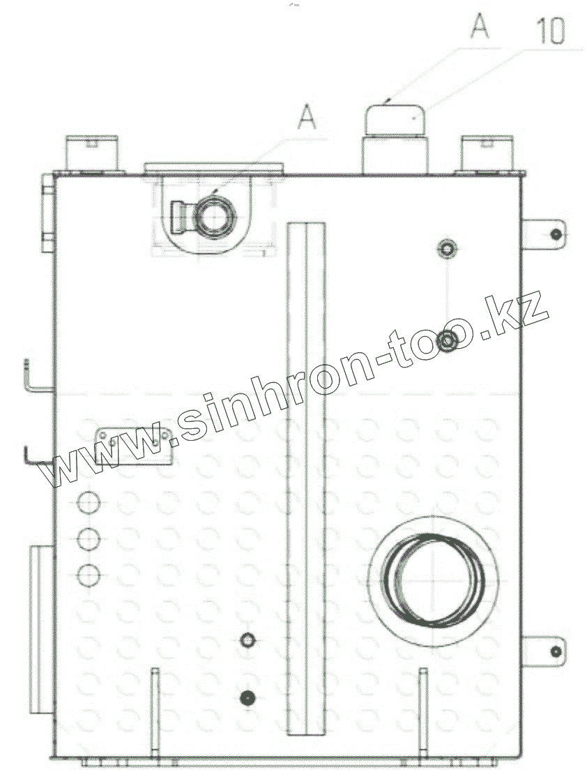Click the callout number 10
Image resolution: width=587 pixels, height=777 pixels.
pos(550,31)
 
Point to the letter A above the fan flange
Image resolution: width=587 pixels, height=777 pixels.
pos(307,117)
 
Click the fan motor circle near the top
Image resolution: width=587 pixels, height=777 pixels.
pos(215,218)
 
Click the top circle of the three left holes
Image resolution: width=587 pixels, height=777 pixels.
pos(89,502)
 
